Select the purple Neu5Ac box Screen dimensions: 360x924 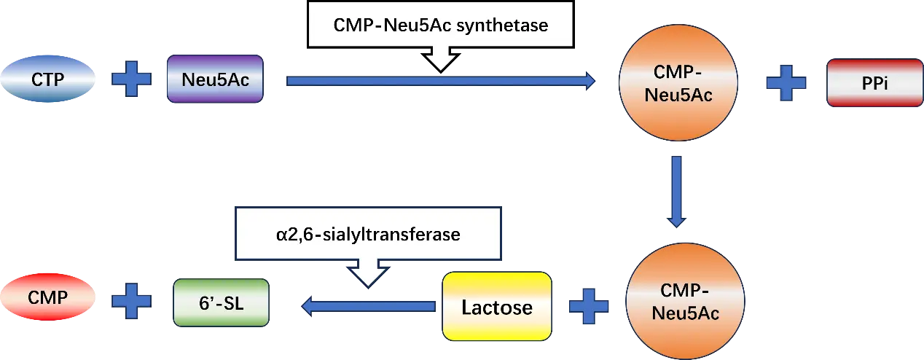pos(215,79)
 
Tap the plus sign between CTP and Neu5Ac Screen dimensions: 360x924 pos(132,79)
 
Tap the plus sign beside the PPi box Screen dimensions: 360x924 pos(786,84)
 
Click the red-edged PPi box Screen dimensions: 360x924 pos(875,85)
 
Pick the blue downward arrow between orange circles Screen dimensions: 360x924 pos(677,190)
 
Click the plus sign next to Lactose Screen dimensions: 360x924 pos(589,305)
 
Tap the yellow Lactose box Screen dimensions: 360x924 pos(497,307)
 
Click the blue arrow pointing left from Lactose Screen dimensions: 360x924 pos(369,307)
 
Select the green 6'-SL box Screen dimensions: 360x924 pos(222,302)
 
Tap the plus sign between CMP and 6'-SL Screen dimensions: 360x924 pos(132,300)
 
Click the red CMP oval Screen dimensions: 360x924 pos(48,299)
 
